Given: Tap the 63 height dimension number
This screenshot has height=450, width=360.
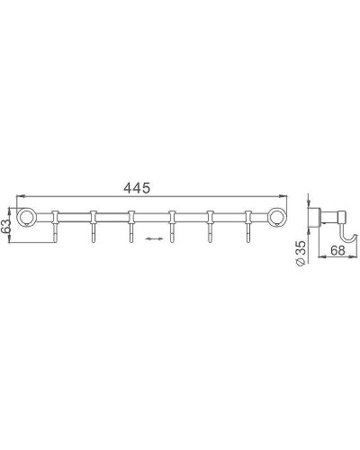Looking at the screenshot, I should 7,224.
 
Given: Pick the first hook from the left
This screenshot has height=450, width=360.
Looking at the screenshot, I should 55,228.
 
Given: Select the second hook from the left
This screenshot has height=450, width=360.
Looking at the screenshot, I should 94,228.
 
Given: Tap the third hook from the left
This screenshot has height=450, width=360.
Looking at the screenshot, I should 131,228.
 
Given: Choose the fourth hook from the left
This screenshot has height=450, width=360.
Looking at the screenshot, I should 171,228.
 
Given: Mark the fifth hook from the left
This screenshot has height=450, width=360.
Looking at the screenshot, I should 210,228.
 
